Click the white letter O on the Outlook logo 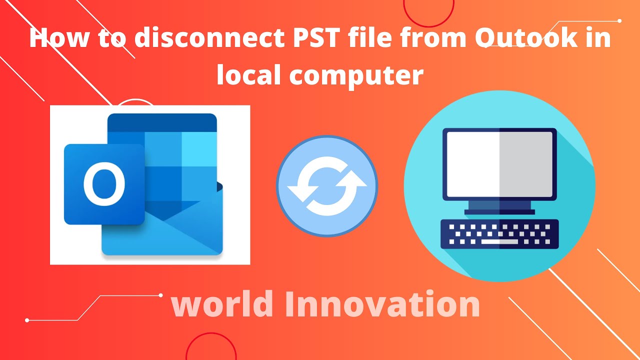pyautogui.click(x=104, y=184)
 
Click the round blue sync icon pyautogui.click(x=326, y=186)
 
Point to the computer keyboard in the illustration pyautogui.click(x=499, y=234)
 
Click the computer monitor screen pyautogui.click(x=499, y=164)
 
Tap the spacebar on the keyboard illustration pyautogui.click(x=499, y=242)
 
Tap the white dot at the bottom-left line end pyautogui.click(x=27, y=320)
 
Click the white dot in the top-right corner pyautogui.click(x=620, y=21)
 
